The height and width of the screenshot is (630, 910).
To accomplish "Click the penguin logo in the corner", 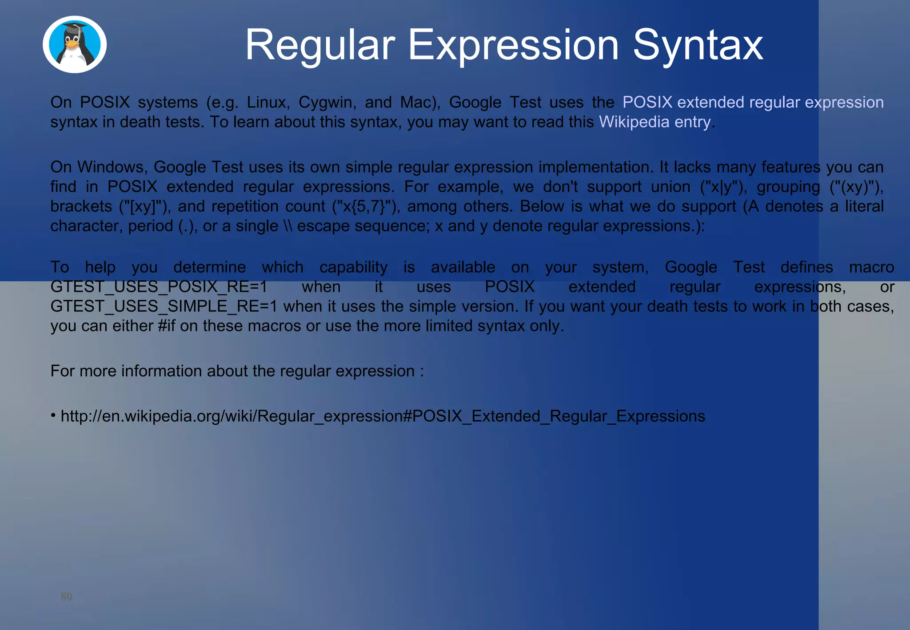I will (75, 44).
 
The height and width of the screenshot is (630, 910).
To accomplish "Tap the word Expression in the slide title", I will (513, 45).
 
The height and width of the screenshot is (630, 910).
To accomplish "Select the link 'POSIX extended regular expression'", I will (753, 102).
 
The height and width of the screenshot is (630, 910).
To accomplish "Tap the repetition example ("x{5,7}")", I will (366, 206).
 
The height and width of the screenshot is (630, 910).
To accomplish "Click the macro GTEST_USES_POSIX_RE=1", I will (159, 287).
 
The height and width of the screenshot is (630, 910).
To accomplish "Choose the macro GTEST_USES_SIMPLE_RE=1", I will (164, 306).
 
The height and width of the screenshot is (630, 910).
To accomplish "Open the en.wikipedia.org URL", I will (383, 416).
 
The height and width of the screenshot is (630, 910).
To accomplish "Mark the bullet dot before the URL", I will (53, 415).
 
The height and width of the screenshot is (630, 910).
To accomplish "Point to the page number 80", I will (67, 596).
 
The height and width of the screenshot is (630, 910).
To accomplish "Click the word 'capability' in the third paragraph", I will (353, 267).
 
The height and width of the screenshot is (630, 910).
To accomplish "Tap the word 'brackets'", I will (81, 206).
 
